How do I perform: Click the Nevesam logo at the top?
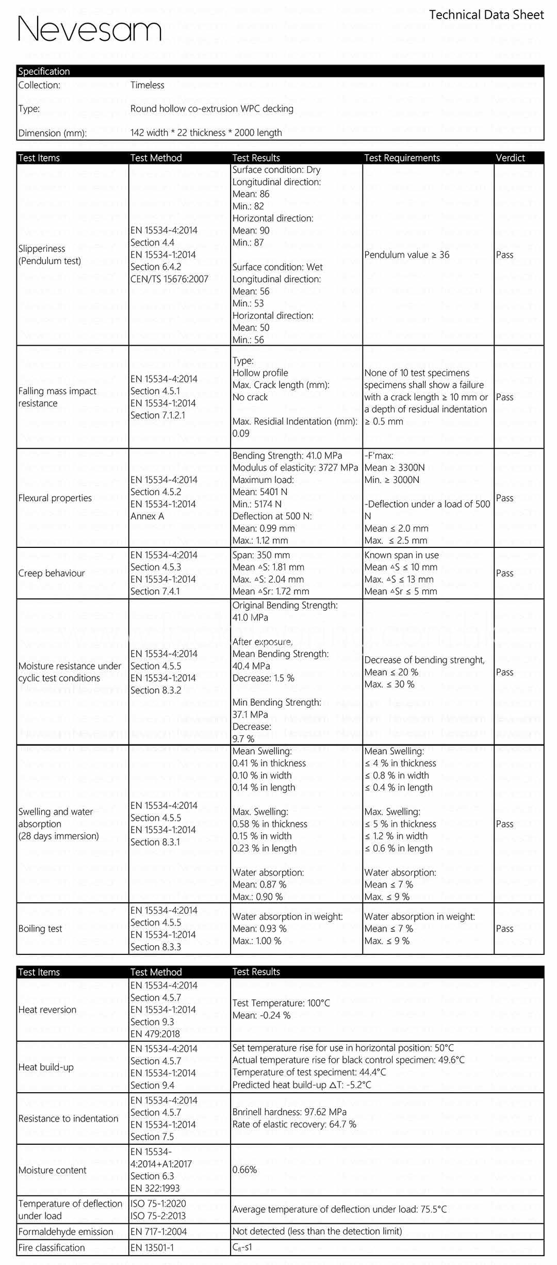[90, 29]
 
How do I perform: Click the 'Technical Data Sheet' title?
[486, 15]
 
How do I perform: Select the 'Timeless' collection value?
[147, 85]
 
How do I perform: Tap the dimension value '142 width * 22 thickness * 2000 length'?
[206, 133]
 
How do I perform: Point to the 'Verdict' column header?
[510, 158]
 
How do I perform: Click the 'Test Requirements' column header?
[402, 158]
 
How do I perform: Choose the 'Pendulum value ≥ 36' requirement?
[406, 255]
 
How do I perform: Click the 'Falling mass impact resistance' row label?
[57, 397]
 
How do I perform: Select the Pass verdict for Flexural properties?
[504, 498]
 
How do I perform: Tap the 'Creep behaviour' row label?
[52, 573]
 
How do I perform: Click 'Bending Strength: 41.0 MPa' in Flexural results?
[287, 456]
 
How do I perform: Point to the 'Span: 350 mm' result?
[261, 555]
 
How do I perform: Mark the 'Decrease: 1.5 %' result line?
[263, 678]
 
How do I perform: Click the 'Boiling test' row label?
[40, 929]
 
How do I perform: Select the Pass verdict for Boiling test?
[504, 929]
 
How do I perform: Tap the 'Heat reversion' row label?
[47, 1010]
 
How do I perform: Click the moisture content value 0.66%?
[244, 1170]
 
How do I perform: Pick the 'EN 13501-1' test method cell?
[152, 1247]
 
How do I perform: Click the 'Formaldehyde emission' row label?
[65, 1231]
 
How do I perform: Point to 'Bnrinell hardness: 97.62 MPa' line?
[289, 1112]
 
